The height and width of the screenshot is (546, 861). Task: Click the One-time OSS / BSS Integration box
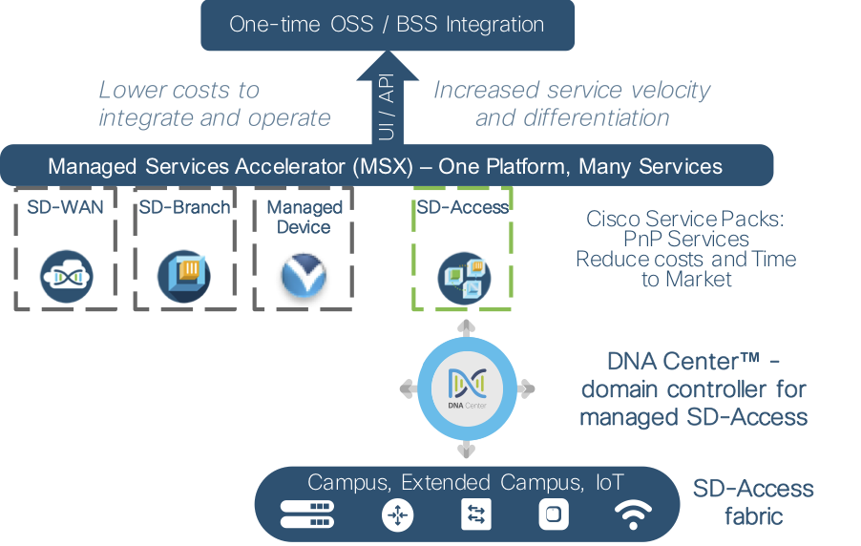[387, 25]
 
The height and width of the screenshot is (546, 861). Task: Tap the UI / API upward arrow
[387, 95]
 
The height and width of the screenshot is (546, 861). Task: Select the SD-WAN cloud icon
[66, 276]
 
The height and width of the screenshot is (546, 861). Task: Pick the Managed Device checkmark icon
[304, 275]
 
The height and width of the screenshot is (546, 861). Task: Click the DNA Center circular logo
[466, 388]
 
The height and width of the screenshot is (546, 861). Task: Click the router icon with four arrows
[396, 515]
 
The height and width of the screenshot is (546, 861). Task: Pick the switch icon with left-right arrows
[475, 515]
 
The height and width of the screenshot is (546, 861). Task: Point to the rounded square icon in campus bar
[555, 515]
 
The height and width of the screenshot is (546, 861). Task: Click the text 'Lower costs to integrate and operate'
[214, 104]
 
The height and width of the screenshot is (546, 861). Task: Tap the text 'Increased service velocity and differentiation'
[572, 104]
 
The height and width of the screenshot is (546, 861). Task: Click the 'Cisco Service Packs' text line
[684, 220]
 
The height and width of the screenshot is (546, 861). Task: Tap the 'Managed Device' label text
[304, 218]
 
